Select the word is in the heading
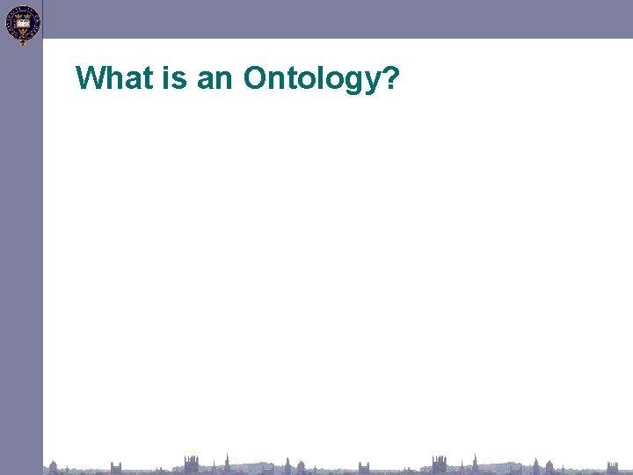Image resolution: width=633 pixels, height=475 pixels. pos(169,78)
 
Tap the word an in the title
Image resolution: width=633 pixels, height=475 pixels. pos(215,78)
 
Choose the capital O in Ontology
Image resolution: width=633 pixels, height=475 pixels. pos(257,78)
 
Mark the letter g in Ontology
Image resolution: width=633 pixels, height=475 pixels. pos(353,81)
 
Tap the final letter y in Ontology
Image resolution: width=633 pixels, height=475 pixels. pos(372,81)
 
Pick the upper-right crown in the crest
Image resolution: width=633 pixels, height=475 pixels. pos(26,15)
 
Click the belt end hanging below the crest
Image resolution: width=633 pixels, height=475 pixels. pos(23,41)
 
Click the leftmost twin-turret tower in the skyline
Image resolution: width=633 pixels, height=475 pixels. pos(116,466)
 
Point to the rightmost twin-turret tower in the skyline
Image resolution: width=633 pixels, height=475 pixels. pos(613,466)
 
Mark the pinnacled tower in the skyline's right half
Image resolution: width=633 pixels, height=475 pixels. pos(439,464)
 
